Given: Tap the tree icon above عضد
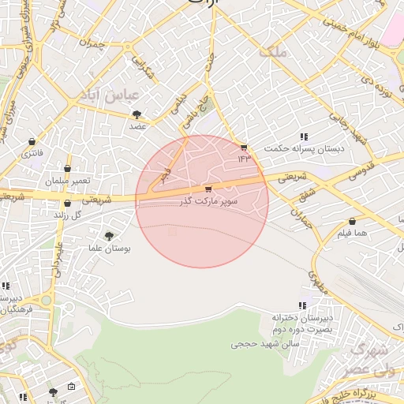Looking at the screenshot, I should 137,114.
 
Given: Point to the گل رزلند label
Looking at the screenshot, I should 67,215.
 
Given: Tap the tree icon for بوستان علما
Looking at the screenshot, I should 109,235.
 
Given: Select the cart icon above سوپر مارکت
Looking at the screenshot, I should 208,189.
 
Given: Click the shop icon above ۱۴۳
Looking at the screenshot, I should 244,148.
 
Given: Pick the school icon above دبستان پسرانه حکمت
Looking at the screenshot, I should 305,137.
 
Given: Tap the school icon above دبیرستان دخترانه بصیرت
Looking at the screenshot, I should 301,305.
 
